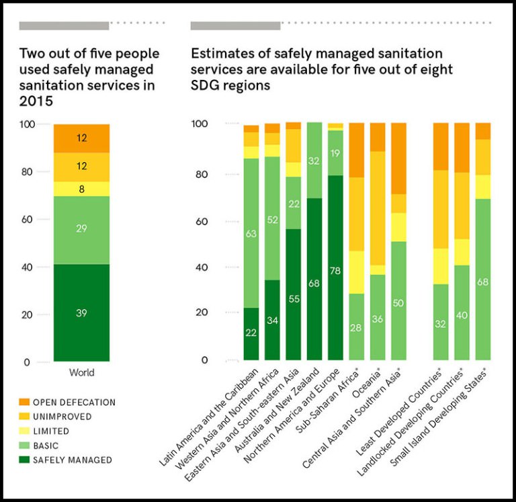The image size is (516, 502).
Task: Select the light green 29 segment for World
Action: click(82, 229)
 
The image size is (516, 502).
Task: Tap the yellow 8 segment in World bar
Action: click(82, 189)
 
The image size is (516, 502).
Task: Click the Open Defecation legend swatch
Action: click(25, 403)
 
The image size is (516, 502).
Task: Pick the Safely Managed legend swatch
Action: click(25, 460)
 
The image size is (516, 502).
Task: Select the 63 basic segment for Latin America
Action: click(251, 234)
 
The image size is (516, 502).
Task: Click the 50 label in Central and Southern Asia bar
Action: click(397, 304)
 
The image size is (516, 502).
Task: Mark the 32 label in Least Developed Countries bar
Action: click(441, 323)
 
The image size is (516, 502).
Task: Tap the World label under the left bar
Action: click(82, 373)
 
